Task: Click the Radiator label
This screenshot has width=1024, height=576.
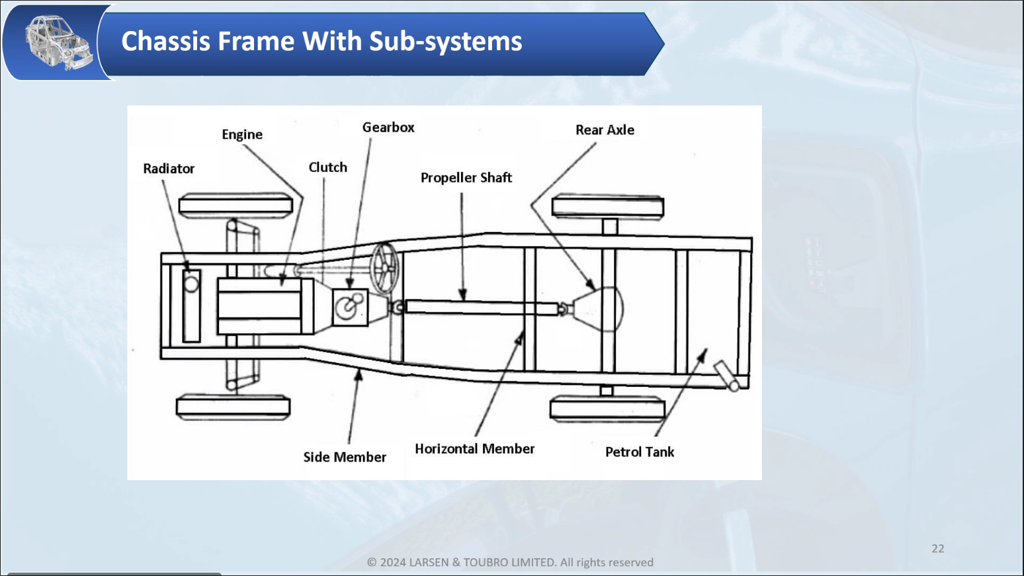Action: pos(169,169)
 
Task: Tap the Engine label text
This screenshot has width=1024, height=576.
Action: pos(242,135)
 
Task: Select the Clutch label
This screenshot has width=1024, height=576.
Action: pos(327,167)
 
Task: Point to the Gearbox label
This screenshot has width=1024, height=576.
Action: pos(388,128)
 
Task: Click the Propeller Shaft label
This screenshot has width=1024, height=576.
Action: pos(466,178)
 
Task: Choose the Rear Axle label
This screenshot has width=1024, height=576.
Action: pos(605,130)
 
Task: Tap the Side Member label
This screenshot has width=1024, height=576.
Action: pos(345,457)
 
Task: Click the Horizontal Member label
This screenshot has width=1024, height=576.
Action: pos(474,449)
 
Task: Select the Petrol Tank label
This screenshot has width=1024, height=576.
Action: pos(640,452)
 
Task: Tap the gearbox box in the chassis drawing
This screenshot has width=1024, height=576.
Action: pos(350,308)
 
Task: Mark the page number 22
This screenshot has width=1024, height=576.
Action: pos(938,548)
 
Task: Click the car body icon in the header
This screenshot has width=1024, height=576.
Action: pos(58,42)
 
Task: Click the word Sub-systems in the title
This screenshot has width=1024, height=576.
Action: pos(446,42)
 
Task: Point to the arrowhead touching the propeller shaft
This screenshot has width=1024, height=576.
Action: pos(463,295)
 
